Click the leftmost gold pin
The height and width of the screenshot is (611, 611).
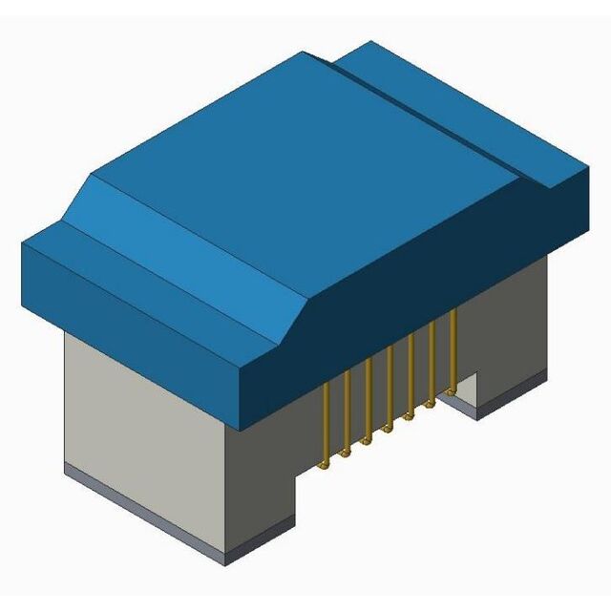pos(326,420)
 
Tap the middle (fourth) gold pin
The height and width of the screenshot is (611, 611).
pos(390,387)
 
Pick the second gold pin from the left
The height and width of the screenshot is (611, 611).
pos(347,409)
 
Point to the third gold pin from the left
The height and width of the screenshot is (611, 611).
pos(369,397)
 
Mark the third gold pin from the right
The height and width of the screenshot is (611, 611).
pos(411,374)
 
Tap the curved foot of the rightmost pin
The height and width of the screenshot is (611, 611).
pos(450,391)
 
